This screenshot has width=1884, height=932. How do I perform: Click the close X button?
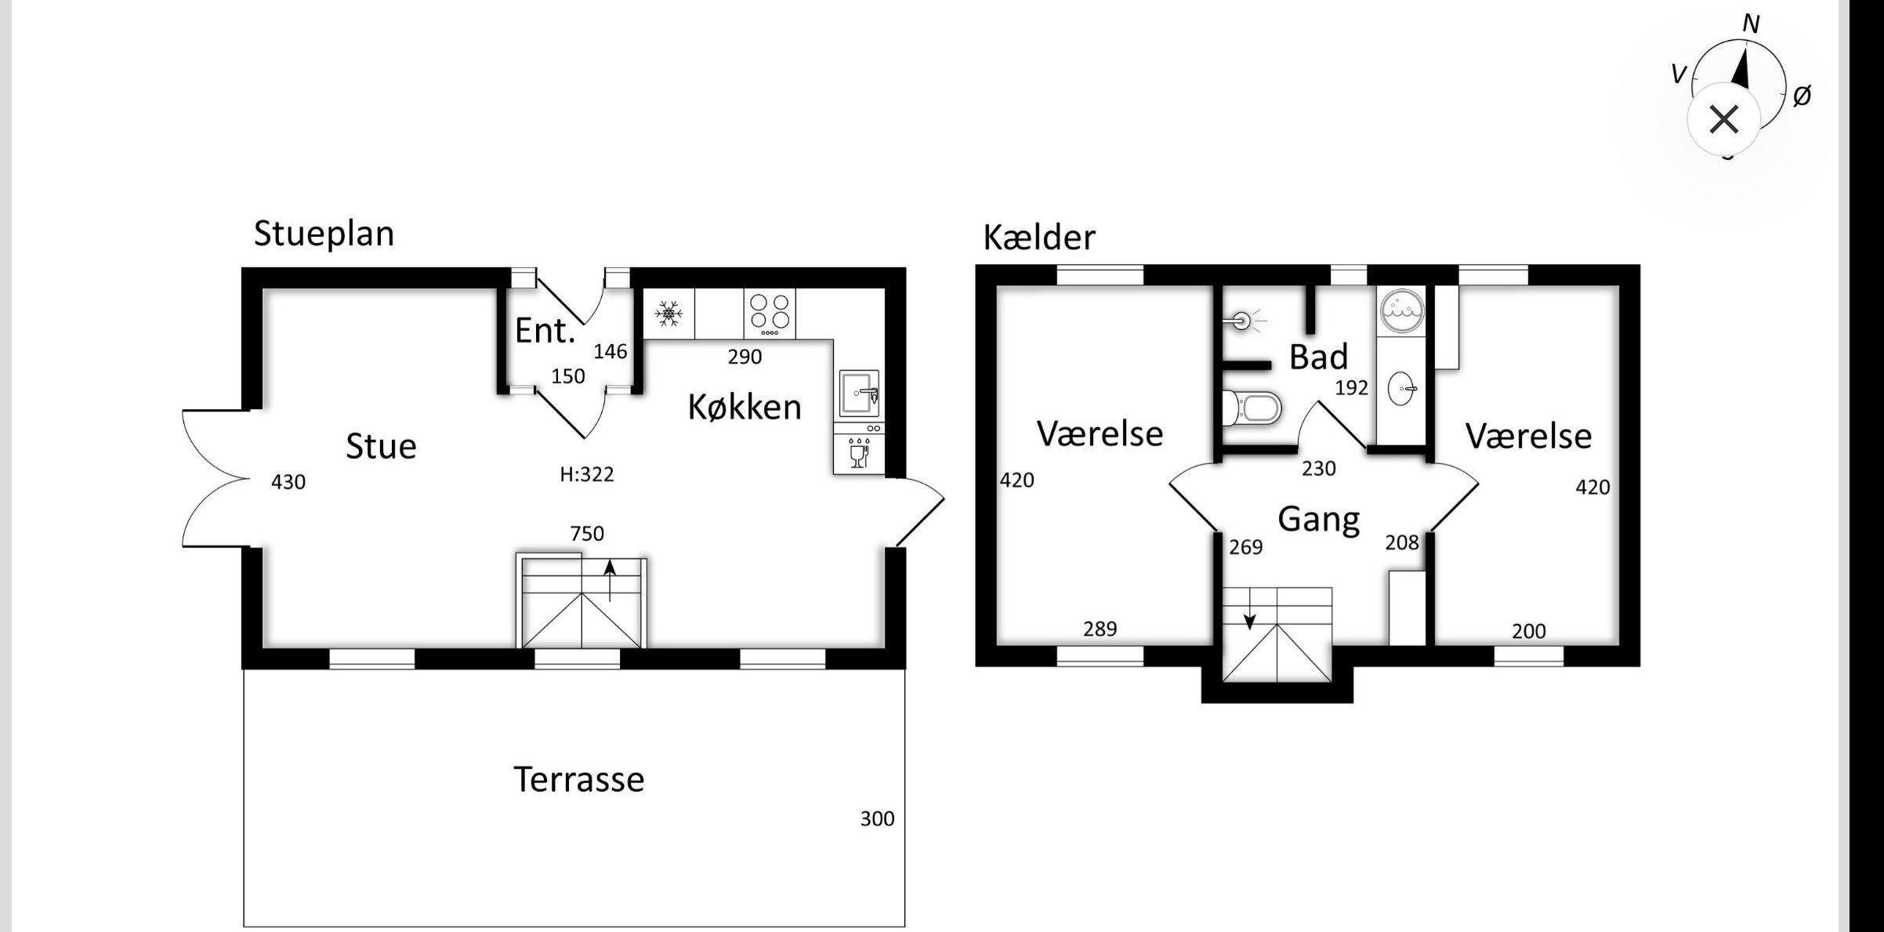1724,120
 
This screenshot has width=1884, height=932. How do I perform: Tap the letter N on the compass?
1751,24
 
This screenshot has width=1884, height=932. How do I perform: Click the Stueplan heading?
324,234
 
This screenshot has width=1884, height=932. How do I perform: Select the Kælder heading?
1039,237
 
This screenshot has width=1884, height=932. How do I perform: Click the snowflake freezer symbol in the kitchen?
668,314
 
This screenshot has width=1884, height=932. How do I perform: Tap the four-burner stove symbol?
770,311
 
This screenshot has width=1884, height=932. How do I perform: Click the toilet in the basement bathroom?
1253,408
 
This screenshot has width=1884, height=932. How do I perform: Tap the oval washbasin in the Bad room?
1402,388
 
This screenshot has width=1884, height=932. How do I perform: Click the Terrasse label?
578,779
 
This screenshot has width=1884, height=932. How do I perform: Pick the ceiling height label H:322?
586,474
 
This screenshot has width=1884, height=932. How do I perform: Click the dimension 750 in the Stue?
587,534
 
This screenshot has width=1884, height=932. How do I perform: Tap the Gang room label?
1318,519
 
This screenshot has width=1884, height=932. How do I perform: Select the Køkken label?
745,407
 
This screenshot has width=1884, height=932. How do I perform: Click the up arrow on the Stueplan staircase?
610,578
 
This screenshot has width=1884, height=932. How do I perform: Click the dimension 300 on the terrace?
877,819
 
